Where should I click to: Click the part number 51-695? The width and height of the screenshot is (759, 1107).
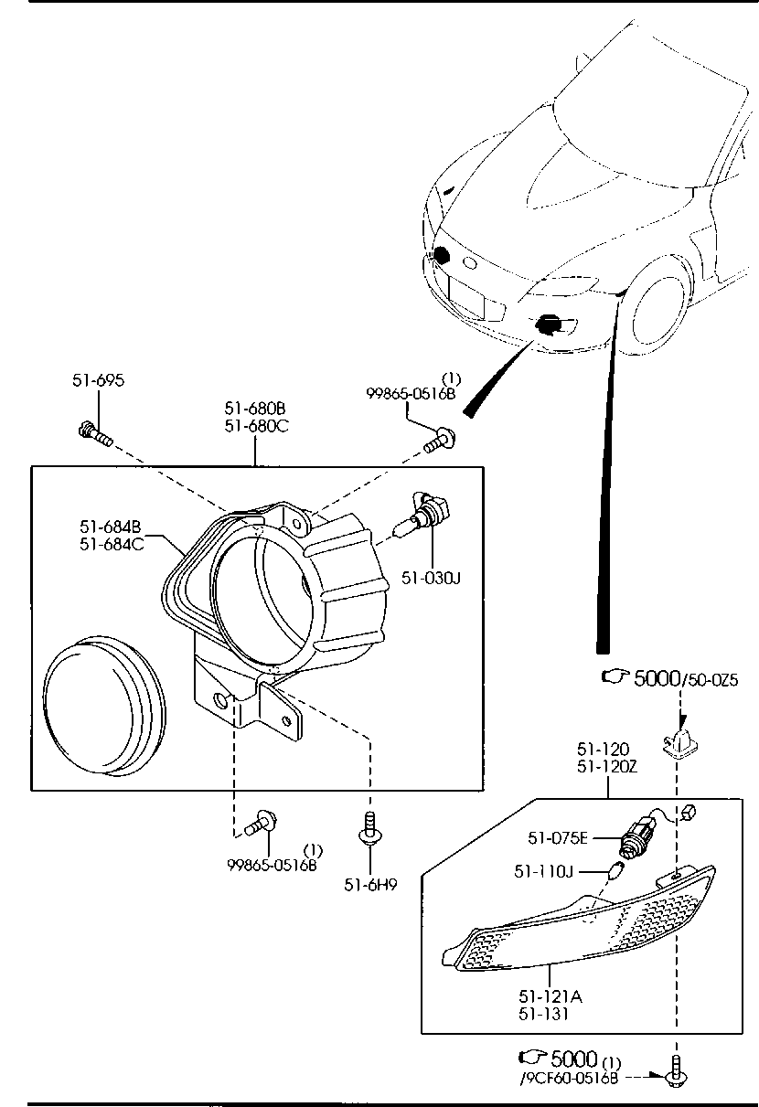(x=98, y=381)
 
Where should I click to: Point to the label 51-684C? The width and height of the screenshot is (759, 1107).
(x=110, y=543)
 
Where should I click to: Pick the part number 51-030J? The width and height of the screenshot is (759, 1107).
(x=431, y=577)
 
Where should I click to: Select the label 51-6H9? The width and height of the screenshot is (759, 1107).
(x=370, y=884)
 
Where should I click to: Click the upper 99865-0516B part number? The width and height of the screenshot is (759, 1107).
(x=411, y=393)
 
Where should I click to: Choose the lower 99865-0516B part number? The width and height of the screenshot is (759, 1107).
(x=272, y=864)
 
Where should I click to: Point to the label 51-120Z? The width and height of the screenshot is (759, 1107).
(x=606, y=767)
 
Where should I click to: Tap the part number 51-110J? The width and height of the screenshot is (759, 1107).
(x=543, y=872)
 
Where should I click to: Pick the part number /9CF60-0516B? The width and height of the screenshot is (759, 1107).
(x=570, y=1078)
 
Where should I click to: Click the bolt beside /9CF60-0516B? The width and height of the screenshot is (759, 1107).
(x=677, y=1075)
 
